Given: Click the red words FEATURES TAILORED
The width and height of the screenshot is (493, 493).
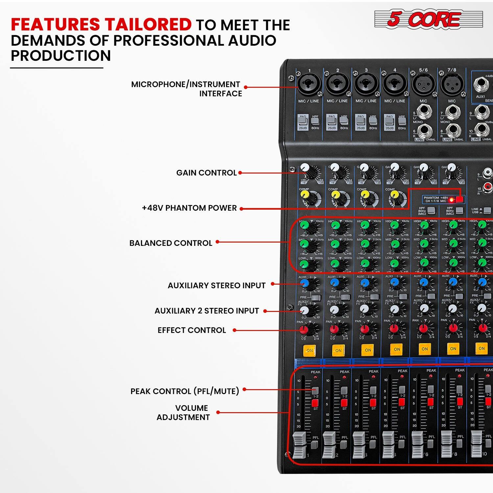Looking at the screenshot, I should click(101, 25).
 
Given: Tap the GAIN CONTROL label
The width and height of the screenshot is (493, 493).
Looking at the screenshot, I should click(206, 173).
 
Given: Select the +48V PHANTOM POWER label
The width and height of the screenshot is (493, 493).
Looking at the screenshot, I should click(189, 208).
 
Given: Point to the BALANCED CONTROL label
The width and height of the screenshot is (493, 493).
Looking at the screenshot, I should click(171, 243).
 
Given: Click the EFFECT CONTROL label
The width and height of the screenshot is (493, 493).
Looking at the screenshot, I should click(192, 330).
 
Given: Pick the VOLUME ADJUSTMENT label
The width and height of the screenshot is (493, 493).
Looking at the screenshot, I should click(183, 413).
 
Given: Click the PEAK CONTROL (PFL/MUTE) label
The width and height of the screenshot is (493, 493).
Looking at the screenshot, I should click(185, 391).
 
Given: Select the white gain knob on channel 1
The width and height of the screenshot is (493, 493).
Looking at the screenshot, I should click(305, 168).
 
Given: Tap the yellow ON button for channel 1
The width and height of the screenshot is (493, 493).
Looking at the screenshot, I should click(309, 350).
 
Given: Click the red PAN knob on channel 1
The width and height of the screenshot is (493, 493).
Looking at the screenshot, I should click(304, 329).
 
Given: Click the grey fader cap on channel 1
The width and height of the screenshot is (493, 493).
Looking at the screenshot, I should click(299, 445).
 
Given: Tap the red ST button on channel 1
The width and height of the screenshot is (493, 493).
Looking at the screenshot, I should click(315, 403).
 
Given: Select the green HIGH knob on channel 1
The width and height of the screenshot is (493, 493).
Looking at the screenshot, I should click(304, 225).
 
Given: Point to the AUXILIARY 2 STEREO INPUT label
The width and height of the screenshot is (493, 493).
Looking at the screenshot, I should click(207, 311).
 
